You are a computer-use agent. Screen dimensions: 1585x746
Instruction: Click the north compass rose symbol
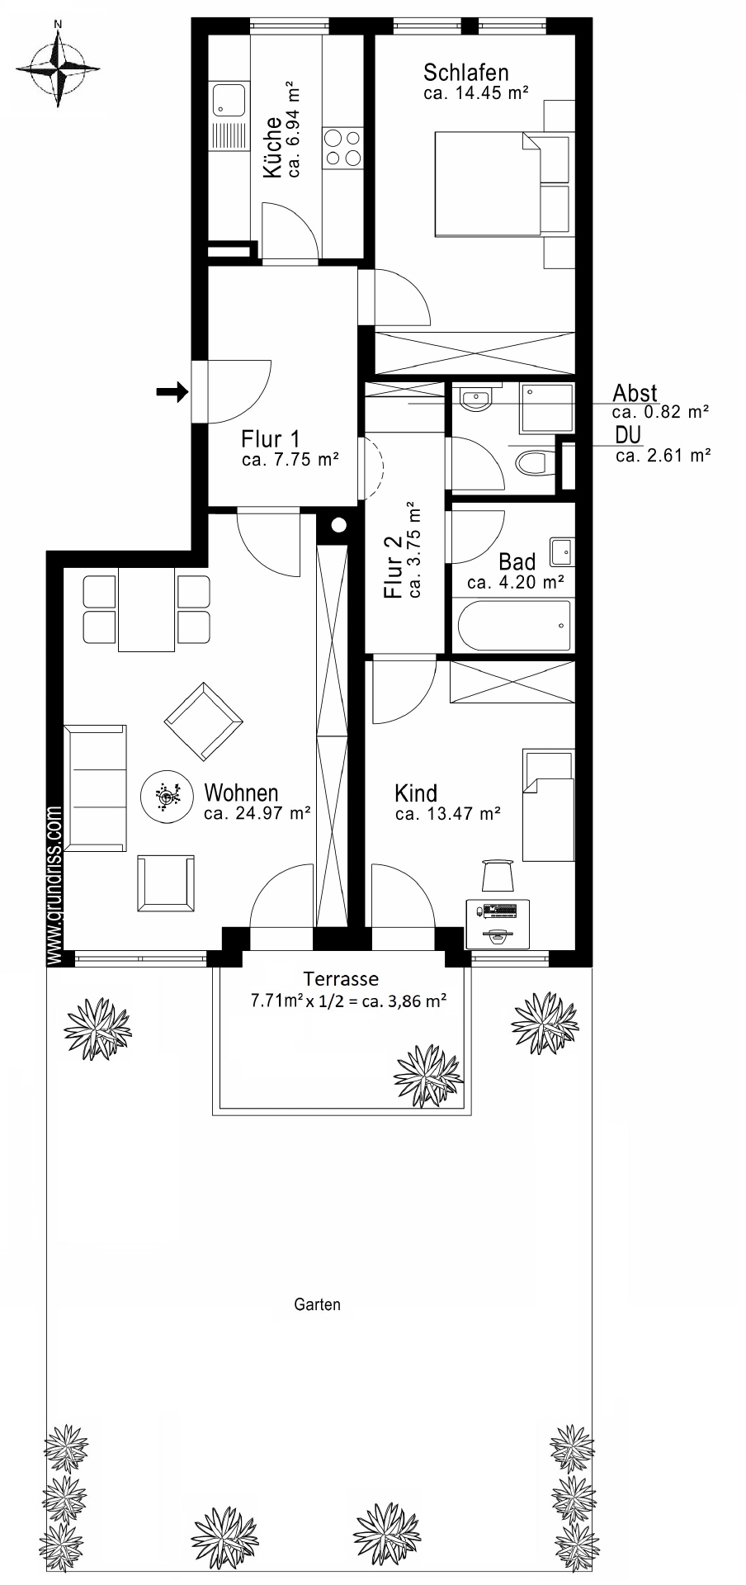57,66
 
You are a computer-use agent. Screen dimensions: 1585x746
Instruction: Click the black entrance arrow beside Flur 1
172,393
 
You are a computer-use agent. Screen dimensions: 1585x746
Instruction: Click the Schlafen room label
465,73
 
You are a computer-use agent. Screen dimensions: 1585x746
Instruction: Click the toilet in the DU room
534,463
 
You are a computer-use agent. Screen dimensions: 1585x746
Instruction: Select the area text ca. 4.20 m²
515,582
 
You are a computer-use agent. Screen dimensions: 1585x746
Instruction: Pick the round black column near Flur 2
337,525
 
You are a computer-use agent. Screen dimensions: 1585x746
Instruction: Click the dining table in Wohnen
146,609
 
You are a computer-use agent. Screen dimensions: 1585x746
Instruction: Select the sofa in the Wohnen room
97,788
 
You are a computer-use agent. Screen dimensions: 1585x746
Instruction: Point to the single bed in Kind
547,806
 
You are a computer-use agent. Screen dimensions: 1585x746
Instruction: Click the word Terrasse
341,979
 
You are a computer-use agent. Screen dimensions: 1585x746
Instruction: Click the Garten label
317,1305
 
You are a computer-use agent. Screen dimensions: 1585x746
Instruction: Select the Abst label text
635,393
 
